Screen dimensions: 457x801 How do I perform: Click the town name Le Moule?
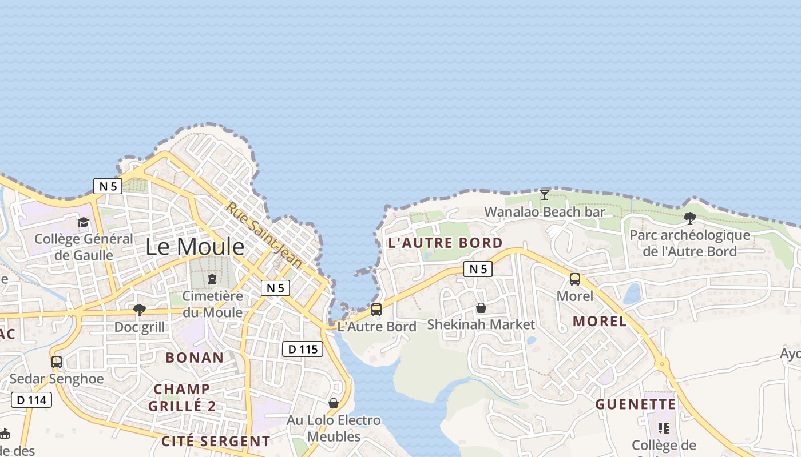click(195, 247)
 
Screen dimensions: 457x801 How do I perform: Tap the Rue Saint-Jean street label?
click(263, 234)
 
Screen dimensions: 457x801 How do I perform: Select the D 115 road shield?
click(303, 349)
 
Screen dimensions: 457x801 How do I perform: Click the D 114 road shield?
click(31, 400)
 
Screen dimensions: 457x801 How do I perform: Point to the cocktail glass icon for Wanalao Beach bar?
click(545, 195)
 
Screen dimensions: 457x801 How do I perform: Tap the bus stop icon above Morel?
click(575, 279)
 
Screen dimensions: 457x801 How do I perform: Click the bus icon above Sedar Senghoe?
click(57, 362)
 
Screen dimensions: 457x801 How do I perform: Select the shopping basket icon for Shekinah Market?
click(481, 308)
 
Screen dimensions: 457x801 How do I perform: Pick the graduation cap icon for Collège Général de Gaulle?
click(84, 222)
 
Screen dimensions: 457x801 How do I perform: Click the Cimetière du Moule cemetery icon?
click(212, 279)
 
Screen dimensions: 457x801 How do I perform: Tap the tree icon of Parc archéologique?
click(690, 218)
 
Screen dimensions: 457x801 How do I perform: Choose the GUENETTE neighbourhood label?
click(636, 405)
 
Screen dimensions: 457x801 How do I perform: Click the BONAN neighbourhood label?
click(195, 358)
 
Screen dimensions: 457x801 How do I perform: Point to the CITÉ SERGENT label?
click(216, 442)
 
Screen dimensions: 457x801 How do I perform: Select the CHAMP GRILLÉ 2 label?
click(182, 398)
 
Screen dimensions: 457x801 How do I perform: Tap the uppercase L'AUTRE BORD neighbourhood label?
click(445, 243)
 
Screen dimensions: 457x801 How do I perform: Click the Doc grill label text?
click(140, 327)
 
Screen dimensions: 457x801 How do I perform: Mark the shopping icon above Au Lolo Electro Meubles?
click(334, 403)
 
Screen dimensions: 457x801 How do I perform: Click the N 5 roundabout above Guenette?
click(662, 363)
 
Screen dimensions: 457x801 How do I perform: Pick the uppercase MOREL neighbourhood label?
click(600, 321)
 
